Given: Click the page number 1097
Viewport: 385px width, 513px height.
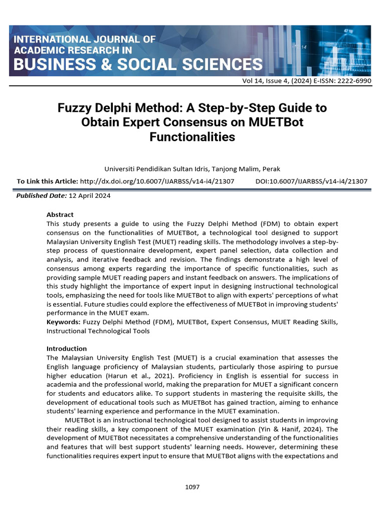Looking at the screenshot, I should point(192,486).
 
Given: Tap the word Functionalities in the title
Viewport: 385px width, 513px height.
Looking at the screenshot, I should point(192,136).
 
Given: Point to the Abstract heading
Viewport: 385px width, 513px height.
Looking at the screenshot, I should point(60,214).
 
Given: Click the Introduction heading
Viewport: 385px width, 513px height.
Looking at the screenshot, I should point(67,348).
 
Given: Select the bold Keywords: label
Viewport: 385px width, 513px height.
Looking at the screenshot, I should point(64,322).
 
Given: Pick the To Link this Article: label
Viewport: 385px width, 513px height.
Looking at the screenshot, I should point(47,181).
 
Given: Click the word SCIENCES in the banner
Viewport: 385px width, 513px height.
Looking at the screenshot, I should point(219,64).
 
